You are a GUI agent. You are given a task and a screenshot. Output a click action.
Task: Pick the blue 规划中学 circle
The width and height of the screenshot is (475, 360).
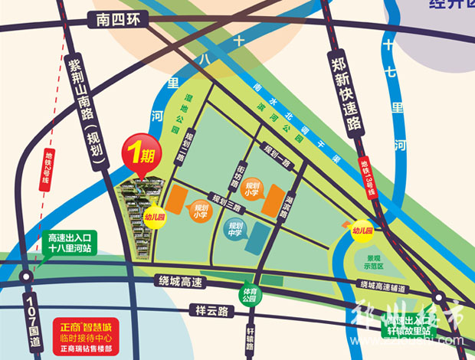pyautogui.click(x=236, y=227)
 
